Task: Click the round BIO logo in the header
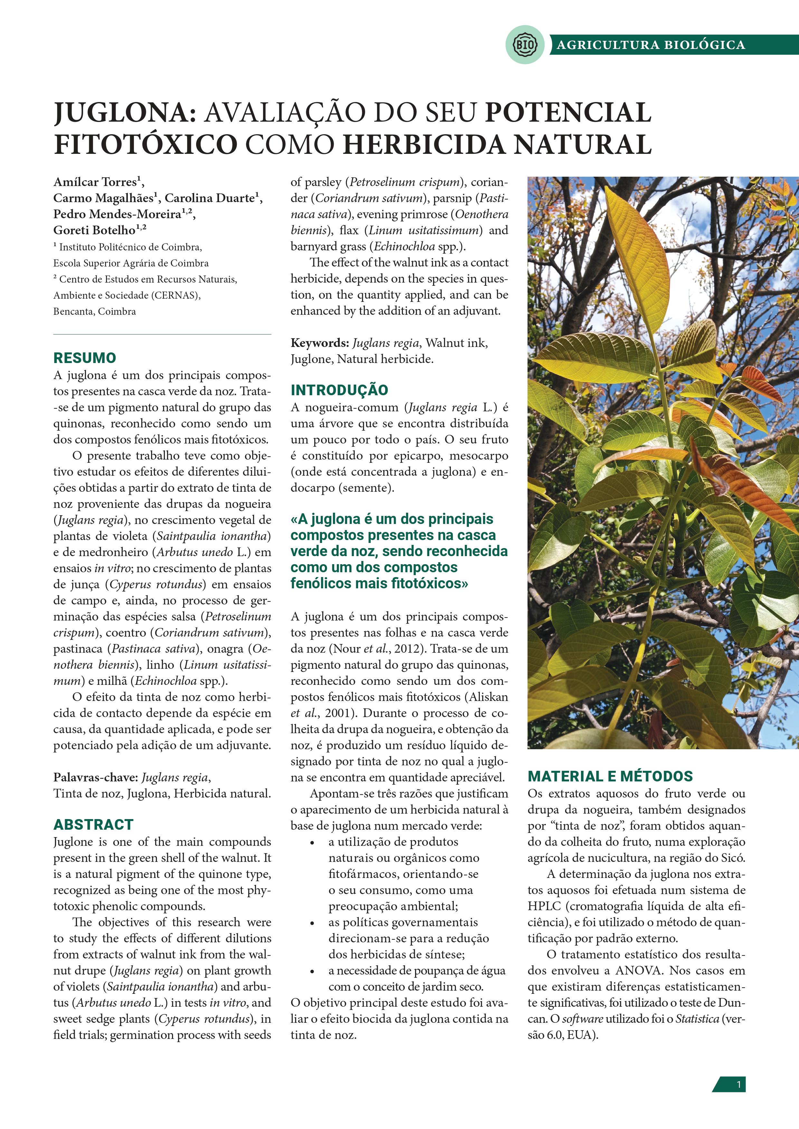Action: tap(525, 45)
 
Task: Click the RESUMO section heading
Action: tap(85, 358)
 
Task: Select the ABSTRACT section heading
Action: tap(93, 824)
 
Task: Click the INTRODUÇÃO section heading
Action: tap(339, 390)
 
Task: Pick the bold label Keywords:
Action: tap(319, 343)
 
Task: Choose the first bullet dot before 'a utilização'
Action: tap(312, 843)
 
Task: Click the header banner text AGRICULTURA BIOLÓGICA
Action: tap(651, 45)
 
